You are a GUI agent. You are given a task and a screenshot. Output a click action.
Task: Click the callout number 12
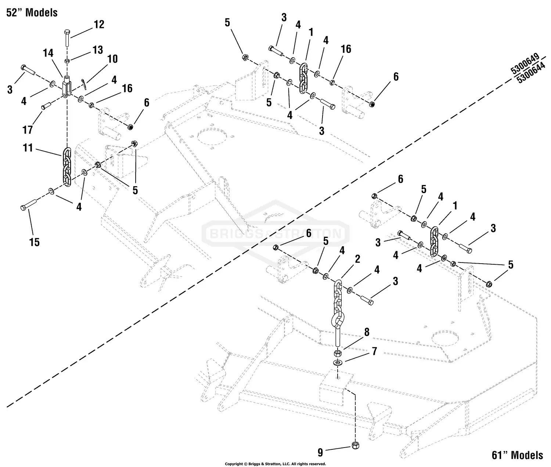click(x=99, y=25)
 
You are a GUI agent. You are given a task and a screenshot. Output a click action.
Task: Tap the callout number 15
click(x=35, y=242)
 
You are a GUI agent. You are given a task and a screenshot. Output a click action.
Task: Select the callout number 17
click(x=28, y=129)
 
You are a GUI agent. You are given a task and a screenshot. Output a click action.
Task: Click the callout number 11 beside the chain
click(x=28, y=148)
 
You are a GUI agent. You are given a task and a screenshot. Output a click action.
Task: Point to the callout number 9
click(x=320, y=450)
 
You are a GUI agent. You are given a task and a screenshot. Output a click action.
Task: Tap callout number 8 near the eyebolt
click(x=366, y=332)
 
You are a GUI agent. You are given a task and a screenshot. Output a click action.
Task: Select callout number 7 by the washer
click(x=374, y=351)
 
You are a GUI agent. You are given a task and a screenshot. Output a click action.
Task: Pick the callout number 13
click(x=97, y=50)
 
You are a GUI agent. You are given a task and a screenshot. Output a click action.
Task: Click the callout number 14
click(x=48, y=54)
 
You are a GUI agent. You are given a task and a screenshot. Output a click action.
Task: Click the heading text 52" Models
click(x=32, y=12)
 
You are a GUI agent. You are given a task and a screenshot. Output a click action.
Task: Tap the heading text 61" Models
click(x=517, y=455)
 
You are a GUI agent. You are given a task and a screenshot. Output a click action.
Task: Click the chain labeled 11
click(x=67, y=167)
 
